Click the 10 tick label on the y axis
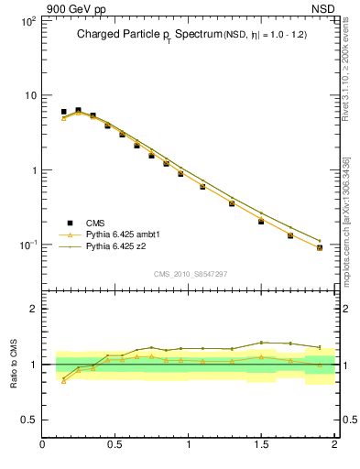[x=28, y=95]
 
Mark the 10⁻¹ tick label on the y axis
[x=27, y=245]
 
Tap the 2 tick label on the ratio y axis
[x=32, y=309]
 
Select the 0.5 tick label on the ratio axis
[x=28, y=420]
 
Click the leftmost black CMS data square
[x=63, y=112]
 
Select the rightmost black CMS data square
[x=320, y=247]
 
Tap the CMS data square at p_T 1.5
[x=261, y=221]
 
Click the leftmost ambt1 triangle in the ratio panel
[x=63, y=381]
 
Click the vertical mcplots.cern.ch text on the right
[x=346, y=220]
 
